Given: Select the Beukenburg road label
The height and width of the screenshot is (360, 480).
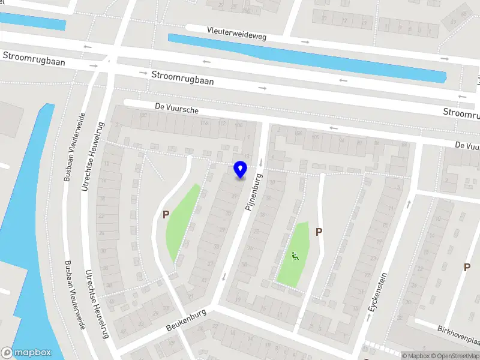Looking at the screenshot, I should pyautogui.click(x=187, y=320).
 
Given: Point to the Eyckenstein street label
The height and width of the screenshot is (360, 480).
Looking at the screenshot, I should pyautogui.click(x=376, y=293).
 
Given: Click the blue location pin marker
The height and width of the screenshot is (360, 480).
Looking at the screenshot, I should pyautogui.click(x=240, y=170).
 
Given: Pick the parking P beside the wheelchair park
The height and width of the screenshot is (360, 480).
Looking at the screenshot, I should pyautogui.click(x=319, y=232).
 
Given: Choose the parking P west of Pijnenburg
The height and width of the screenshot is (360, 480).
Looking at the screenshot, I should pyautogui.click(x=166, y=214).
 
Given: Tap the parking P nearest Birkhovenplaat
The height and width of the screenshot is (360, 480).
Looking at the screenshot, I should pyautogui.click(x=467, y=267).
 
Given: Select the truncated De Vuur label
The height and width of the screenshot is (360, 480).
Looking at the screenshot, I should pyautogui.click(x=467, y=145).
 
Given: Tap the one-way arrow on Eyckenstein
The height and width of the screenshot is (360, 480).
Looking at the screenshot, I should pyautogui.click(x=409, y=204).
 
